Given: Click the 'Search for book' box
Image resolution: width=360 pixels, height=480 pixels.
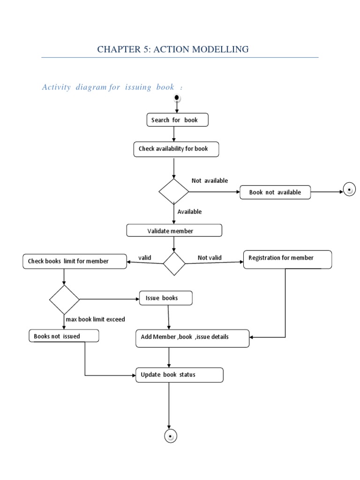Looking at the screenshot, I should [x=177, y=120].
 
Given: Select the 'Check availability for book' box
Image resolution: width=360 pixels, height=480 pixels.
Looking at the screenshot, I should [x=176, y=149].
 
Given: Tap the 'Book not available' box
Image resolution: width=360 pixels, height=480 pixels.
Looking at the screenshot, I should [x=275, y=192].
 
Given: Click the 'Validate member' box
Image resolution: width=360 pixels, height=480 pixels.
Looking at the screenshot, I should [x=174, y=231].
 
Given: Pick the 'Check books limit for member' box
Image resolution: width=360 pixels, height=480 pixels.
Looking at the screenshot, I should [x=75, y=261].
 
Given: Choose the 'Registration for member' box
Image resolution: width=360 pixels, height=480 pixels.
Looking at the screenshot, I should [x=287, y=259].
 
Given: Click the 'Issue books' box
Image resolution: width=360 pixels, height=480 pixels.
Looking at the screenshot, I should [x=165, y=298].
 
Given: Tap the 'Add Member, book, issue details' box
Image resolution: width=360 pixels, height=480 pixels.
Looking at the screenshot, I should [x=192, y=337].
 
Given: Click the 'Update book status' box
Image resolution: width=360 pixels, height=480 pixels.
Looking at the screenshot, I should [x=179, y=375].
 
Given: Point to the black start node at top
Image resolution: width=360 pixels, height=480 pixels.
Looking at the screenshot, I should [x=177, y=98].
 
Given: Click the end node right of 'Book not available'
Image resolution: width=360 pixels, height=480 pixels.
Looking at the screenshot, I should [x=349, y=190].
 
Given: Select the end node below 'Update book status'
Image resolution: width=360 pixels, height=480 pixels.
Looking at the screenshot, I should [x=171, y=436].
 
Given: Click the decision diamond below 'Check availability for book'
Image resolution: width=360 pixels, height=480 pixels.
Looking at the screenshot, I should [x=174, y=191].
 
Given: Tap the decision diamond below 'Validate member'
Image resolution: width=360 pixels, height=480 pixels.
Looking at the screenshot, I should [x=174, y=263].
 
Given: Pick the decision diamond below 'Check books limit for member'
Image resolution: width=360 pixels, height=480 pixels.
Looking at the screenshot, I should [x=65, y=300].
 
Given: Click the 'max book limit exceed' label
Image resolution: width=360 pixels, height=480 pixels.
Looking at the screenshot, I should [x=95, y=319].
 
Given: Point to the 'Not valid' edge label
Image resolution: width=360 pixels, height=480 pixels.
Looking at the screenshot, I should [x=210, y=257].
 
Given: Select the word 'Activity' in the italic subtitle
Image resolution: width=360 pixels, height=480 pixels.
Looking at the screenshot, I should [x=56, y=87].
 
